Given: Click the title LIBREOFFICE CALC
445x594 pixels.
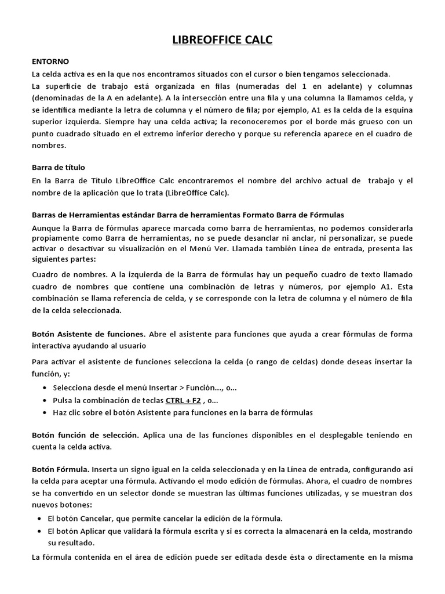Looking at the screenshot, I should tap(222, 40).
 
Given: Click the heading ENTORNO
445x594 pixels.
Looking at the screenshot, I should tap(50, 60).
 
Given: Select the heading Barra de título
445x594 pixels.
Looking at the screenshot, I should tap(59, 167).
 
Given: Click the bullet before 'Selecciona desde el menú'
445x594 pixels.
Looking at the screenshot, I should tap(46, 388).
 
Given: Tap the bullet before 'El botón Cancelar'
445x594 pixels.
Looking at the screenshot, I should tap(39, 518).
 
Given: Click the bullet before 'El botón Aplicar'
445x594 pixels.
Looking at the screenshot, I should tap(39, 531).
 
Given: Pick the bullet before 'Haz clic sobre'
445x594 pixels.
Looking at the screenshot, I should tap(46, 412).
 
